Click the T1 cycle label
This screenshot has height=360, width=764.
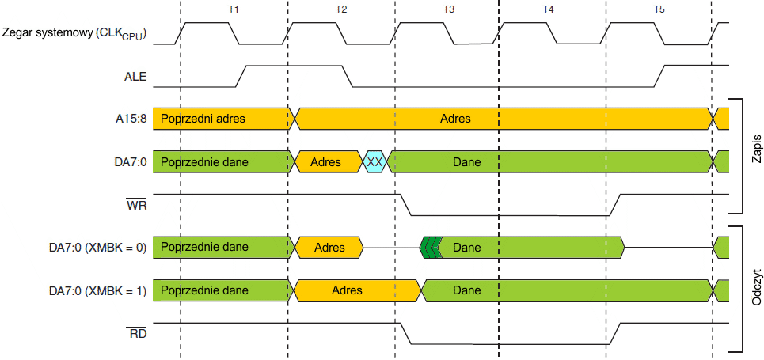pyautogui.click(x=233, y=9)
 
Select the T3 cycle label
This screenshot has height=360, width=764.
pyautogui.click(x=448, y=9)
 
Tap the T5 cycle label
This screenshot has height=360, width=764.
pyautogui.click(x=659, y=9)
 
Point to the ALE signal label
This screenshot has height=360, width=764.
pyautogui.click(x=135, y=78)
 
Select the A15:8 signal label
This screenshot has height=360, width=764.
pyautogui.click(x=130, y=119)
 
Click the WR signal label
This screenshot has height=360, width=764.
pyautogui.click(x=137, y=205)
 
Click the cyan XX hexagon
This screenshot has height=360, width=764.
pyautogui.click(x=375, y=162)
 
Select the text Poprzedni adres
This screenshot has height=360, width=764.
pyautogui.click(x=203, y=119)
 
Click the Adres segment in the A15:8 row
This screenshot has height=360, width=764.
pyautogui.click(x=455, y=119)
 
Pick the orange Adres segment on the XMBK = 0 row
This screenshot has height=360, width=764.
pyautogui.click(x=329, y=248)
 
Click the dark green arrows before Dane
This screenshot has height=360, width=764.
pyautogui.click(x=431, y=248)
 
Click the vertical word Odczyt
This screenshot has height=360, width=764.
pyautogui.click(x=756, y=290)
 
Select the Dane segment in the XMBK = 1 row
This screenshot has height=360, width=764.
pyautogui.click(x=467, y=290)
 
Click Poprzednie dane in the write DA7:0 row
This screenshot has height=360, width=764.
pyautogui.click(x=204, y=162)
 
